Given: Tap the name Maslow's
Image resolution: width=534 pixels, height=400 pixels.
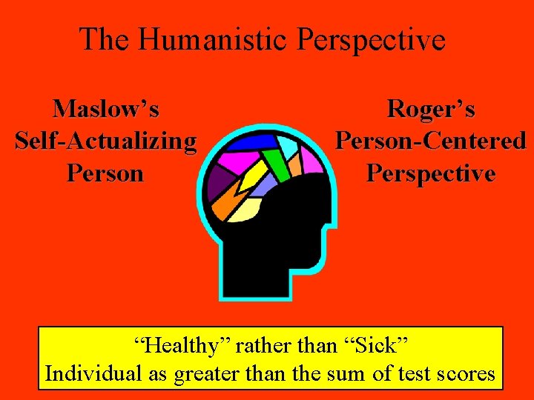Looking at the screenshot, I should pos(106,110).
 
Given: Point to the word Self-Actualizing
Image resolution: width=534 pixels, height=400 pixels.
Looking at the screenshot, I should pos(106,141).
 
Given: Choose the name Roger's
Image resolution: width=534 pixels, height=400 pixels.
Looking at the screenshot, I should pos(431,110).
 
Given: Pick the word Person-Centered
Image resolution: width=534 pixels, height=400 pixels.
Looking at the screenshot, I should pos(431,141).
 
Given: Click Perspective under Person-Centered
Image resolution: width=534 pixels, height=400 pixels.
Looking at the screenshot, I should pos(431,173).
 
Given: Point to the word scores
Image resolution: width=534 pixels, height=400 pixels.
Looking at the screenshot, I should pos(464,373).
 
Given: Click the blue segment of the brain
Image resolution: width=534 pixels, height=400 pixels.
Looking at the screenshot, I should pos(252,141).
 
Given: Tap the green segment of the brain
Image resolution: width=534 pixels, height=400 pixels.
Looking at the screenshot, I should pos(275,160).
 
